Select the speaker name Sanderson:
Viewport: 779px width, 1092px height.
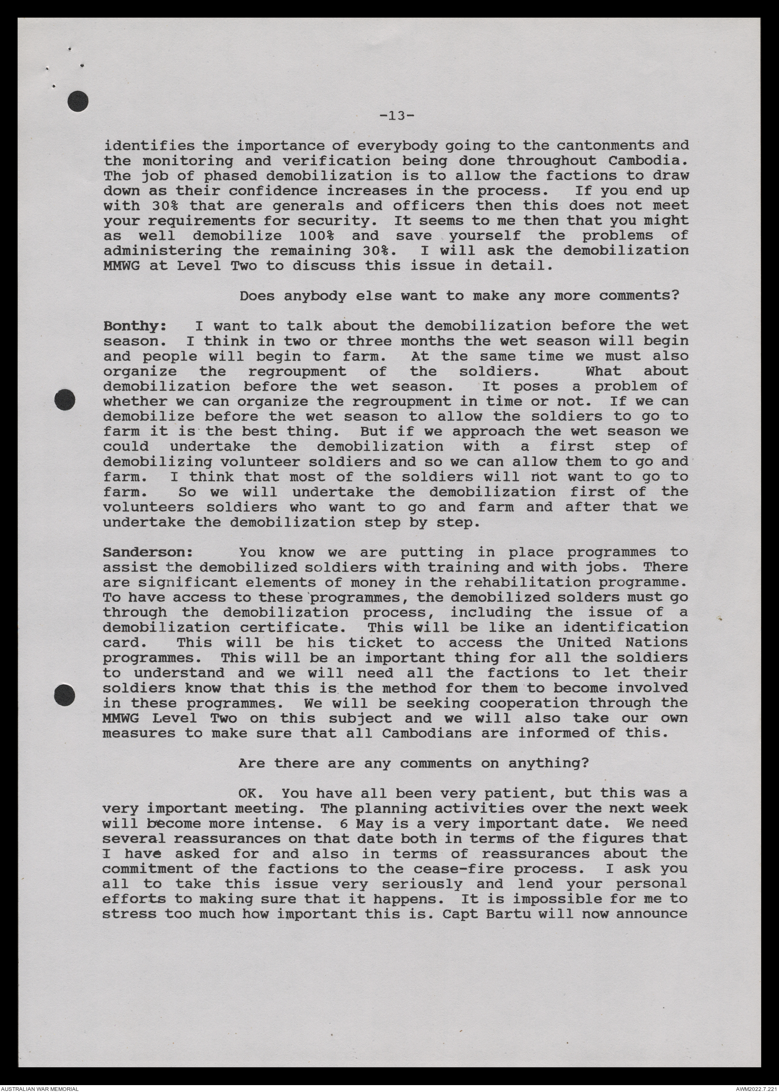pos(148,553)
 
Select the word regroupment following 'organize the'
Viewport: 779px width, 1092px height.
pos(298,371)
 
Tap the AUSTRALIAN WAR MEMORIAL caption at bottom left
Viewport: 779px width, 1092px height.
pos(40,1087)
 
